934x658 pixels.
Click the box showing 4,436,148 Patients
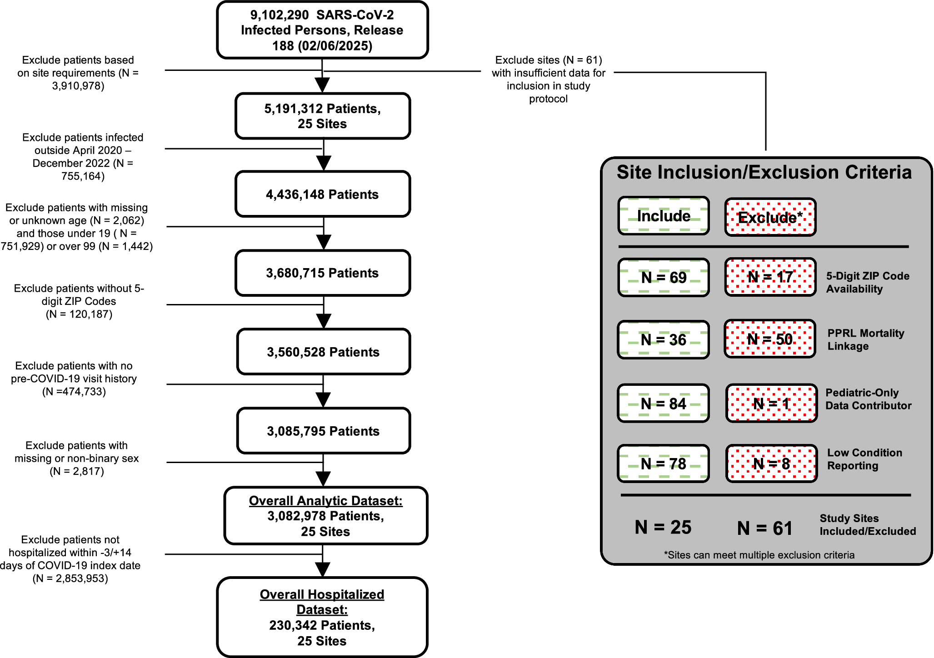322,194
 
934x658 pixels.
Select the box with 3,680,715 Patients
322,273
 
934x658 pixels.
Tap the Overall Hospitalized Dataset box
322,617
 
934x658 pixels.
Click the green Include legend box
664,216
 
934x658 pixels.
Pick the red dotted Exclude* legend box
770,217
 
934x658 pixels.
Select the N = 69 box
664,277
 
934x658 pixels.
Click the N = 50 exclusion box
770,339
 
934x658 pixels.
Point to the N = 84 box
663,404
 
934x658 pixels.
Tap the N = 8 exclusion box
771,464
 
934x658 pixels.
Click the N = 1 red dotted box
771,404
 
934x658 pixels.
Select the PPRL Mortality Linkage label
865,339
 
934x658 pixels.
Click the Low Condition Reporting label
864,459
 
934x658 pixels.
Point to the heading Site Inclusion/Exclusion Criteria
764,173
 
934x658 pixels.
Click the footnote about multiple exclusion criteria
759,555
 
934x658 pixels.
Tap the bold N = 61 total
764,528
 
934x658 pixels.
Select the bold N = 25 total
663,527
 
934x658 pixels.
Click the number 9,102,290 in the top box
280,15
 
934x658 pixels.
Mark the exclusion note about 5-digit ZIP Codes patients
79,301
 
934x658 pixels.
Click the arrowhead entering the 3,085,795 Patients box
323,400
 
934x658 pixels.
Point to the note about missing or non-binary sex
76,458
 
